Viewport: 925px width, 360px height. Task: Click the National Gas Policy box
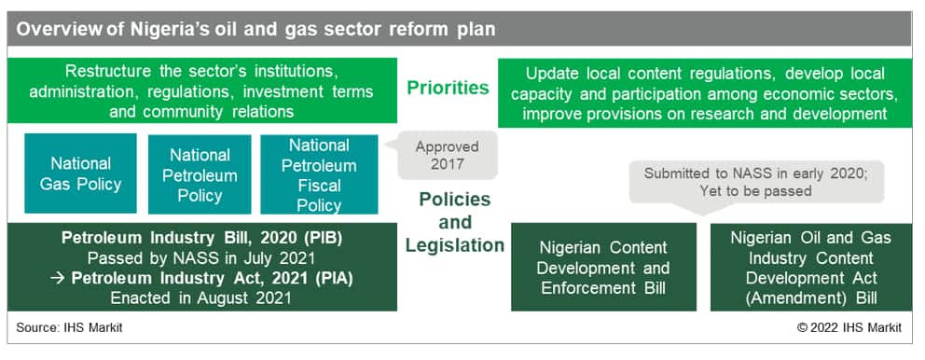pos(80,173)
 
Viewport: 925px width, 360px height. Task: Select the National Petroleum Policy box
pos(200,174)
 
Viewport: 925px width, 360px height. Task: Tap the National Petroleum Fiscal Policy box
pos(319,174)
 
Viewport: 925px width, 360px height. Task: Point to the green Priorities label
pos(448,88)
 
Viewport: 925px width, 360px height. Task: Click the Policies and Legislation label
pos(455,222)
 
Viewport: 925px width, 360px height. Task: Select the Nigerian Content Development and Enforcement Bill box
pos(603,267)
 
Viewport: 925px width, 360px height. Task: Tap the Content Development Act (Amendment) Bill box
pos(811,267)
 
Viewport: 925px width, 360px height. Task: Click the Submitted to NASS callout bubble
pos(756,183)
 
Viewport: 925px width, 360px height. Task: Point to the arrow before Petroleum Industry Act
pos(57,279)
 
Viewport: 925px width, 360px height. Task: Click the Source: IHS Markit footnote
pos(69,327)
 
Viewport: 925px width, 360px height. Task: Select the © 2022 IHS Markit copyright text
pos(849,327)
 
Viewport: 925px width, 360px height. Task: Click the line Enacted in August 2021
pos(200,298)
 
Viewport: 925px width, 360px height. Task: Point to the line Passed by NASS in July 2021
pos(201,258)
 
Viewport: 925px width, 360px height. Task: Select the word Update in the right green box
pos(552,75)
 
